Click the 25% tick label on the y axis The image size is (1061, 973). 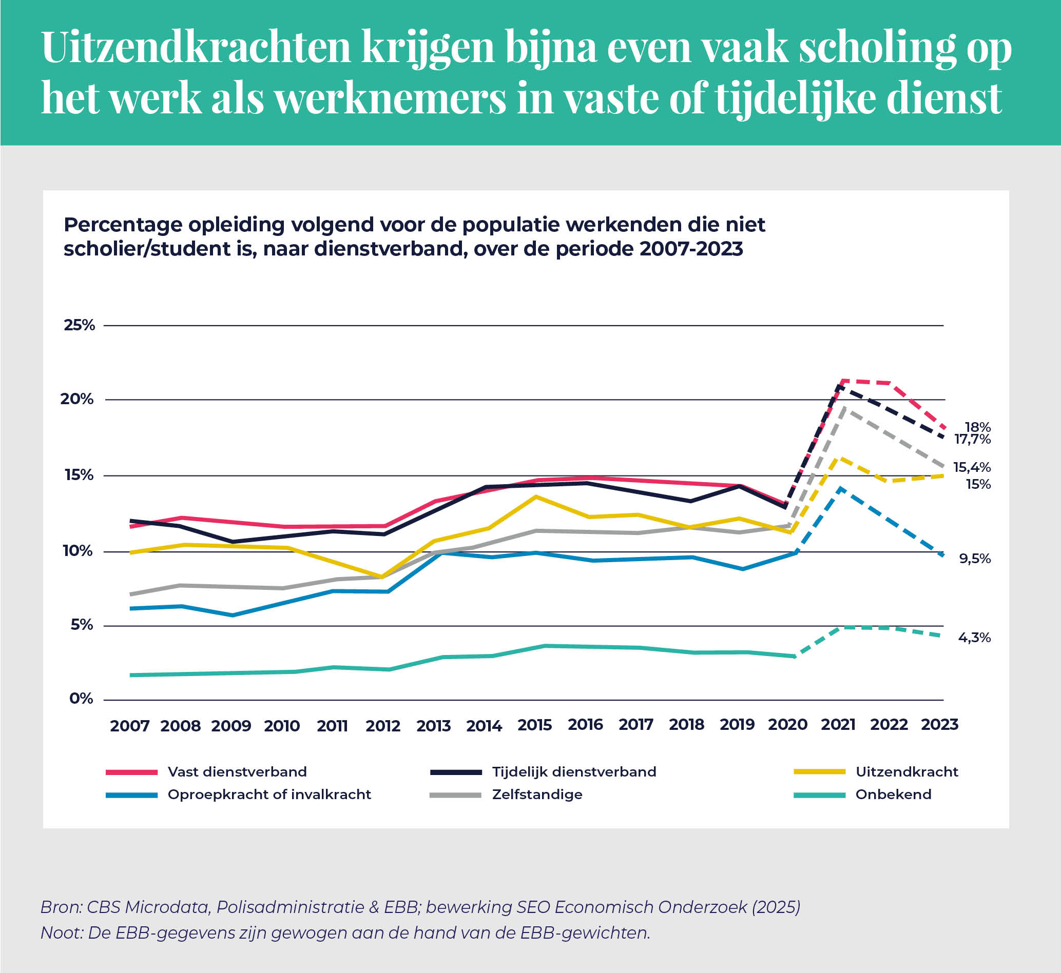pyautogui.click(x=80, y=325)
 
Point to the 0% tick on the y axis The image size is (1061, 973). pyautogui.click(x=81, y=699)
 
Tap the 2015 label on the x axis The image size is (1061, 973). pyautogui.click(x=534, y=725)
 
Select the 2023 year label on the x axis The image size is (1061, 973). pyautogui.click(x=939, y=724)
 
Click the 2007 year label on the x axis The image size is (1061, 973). pyautogui.click(x=129, y=726)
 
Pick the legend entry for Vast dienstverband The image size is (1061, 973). pyautogui.click(x=237, y=772)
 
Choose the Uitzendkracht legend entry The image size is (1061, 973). pyautogui.click(x=906, y=772)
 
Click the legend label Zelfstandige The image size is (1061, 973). pyautogui.click(x=537, y=795)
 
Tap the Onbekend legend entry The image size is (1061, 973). pyautogui.click(x=893, y=795)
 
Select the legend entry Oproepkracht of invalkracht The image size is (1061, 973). pyautogui.click(x=268, y=795)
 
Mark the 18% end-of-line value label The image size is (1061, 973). pyautogui.click(x=978, y=427)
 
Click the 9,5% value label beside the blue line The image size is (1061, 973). pyautogui.click(x=975, y=559)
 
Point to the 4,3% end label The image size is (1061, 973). pyautogui.click(x=974, y=638)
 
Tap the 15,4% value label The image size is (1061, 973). pyautogui.click(x=972, y=467)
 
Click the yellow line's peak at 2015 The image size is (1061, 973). pyautogui.click(x=536, y=497)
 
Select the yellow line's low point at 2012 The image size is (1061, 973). pyautogui.click(x=382, y=577)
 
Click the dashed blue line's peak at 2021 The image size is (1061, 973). pyautogui.click(x=841, y=489)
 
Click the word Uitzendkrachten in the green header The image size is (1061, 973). pyautogui.click(x=196, y=47)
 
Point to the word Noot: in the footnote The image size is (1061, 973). pyautogui.click(x=62, y=933)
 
